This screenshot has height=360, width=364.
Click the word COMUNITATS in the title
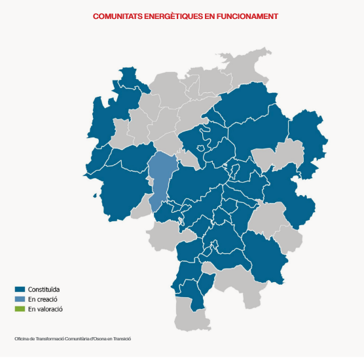[x=116, y=14]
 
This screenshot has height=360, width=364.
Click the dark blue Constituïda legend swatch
[x=20, y=289]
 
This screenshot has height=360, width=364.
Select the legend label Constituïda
[x=44, y=289]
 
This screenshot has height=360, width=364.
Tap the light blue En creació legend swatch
[x=20, y=298]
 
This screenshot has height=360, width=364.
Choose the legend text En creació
[x=43, y=298]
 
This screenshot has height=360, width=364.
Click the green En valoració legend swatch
[x=20, y=308]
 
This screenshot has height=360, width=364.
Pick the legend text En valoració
[x=45, y=308]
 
